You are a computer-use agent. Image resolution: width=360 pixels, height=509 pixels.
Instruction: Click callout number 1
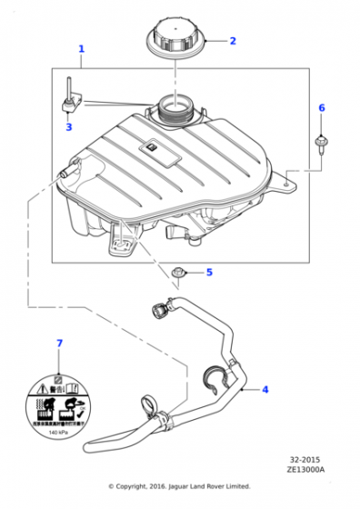point(81,48)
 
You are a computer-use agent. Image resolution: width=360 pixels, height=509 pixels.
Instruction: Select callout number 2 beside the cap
point(232,41)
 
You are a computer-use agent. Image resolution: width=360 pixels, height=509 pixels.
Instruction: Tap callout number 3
point(67,127)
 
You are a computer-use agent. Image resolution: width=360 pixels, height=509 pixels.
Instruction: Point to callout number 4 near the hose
point(265,390)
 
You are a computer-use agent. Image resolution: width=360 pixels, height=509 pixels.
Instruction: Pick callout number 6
point(320,108)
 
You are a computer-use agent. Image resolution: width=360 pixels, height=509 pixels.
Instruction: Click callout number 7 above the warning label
point(60,343)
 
